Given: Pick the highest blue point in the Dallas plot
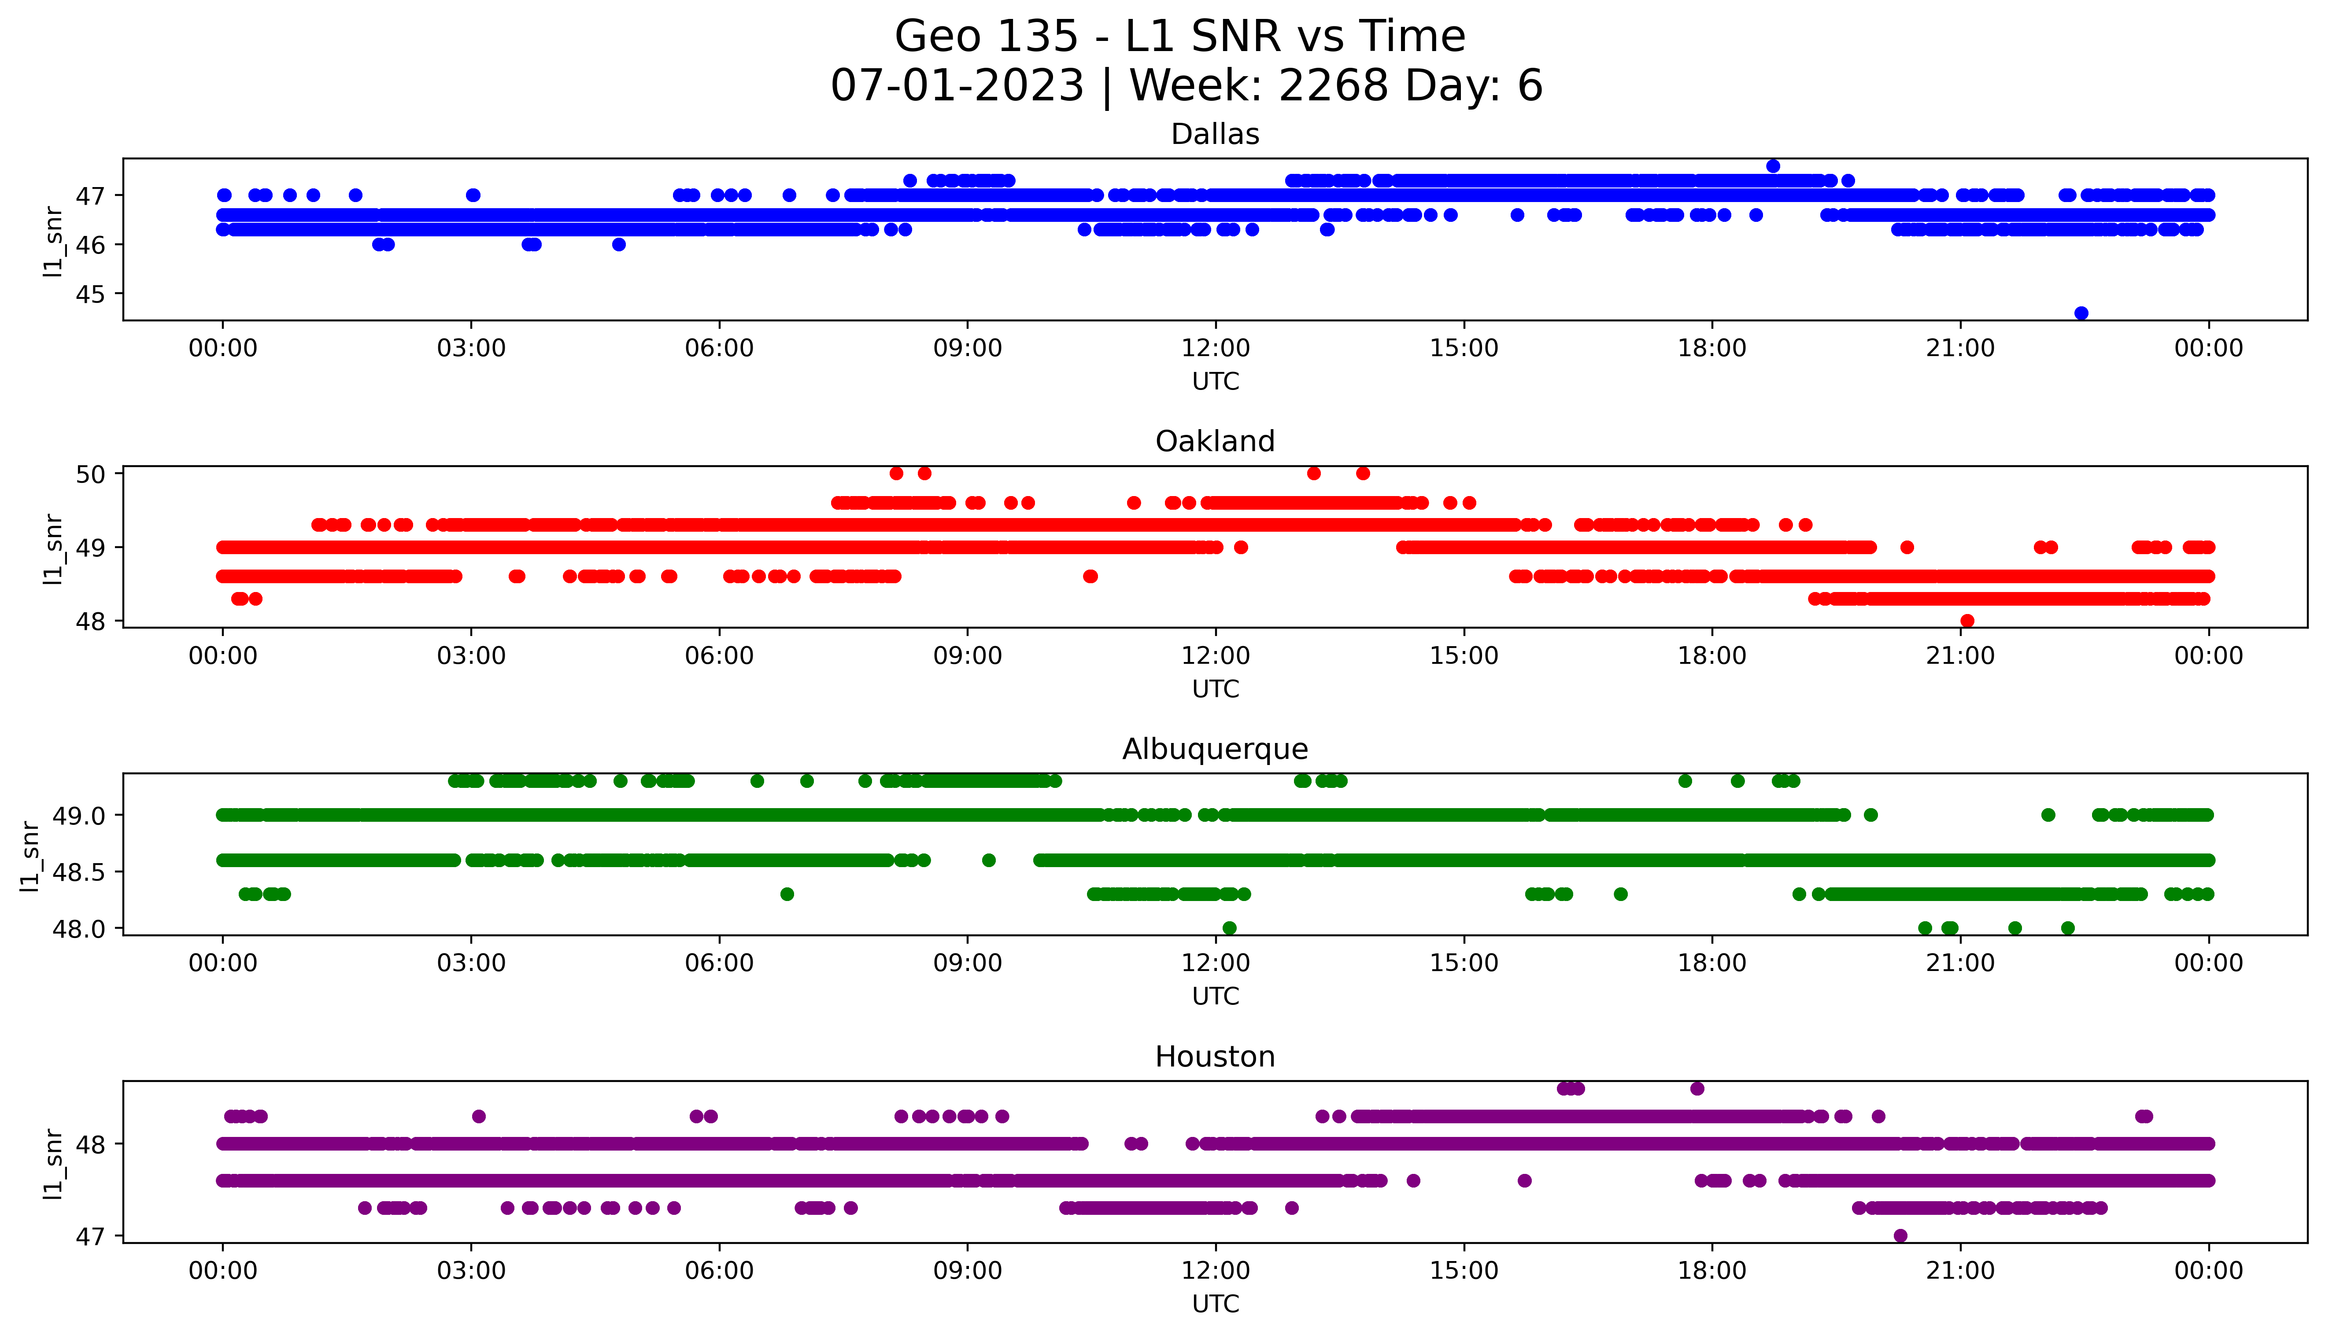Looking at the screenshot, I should pos(1773,166).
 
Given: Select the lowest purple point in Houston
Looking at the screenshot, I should pos(1900,1236).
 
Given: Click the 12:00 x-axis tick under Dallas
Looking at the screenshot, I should pos(1215,349).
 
